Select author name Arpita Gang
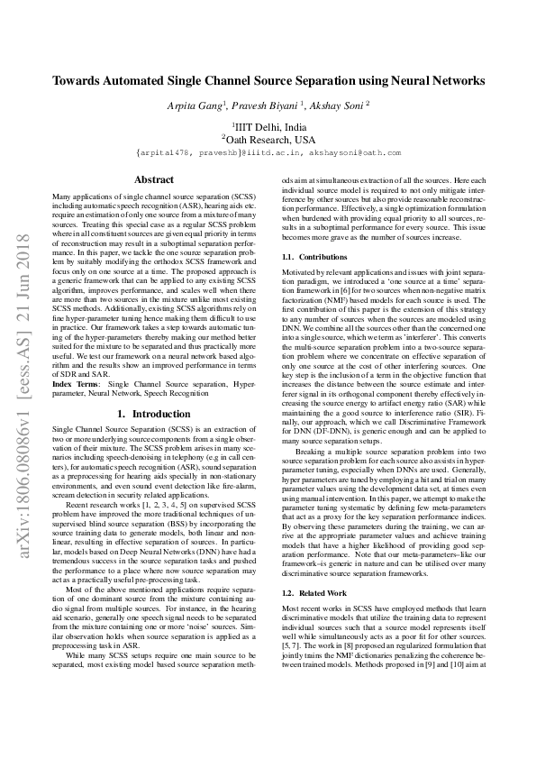coord(197,105)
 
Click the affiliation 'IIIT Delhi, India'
coord(269,127)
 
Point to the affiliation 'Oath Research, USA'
coord(269,140)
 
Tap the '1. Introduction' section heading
coord(154,414)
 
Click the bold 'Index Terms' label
coord(77,384)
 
